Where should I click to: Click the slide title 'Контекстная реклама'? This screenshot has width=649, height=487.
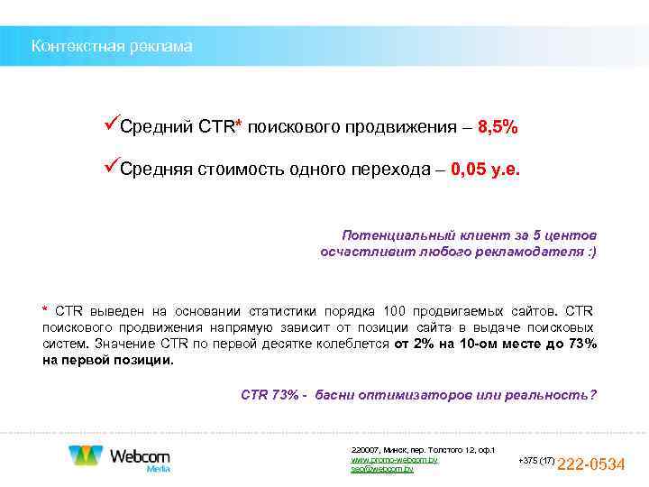tap(112, 46)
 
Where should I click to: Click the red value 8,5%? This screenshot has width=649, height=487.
tap(498, 127)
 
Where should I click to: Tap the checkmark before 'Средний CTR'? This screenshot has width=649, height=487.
tap(111, 125)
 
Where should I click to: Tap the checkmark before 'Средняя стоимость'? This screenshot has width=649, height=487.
tap(111, 168)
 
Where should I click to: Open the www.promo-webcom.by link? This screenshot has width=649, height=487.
tap(394, 460)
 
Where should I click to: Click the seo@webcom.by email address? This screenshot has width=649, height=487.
tap(382, 470)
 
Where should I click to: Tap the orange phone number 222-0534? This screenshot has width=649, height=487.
tap(591, 464)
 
